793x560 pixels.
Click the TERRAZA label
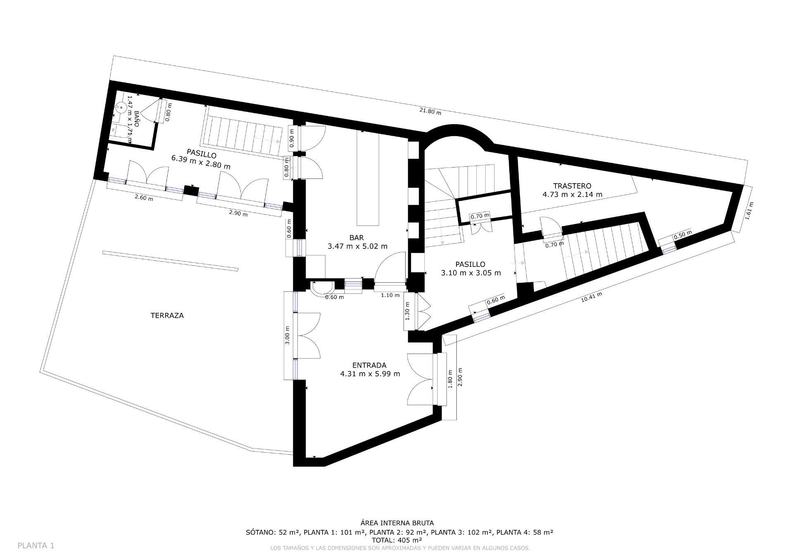(167, 315)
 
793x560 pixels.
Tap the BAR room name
(356, 238)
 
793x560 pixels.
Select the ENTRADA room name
(369, 365)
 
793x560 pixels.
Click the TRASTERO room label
(572, 186)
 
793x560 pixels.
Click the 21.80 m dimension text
(430, 111)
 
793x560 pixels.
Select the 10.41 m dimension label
(591, 297)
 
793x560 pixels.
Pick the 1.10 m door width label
(390, 295)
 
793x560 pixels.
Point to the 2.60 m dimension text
(144, 198)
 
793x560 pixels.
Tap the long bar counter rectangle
(368, 177)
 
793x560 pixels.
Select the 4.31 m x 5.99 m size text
(370, 374)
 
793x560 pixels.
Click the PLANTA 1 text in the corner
(36, 546)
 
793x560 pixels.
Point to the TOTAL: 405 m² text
(396, 540)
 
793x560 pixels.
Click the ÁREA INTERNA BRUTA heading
(396, 523)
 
